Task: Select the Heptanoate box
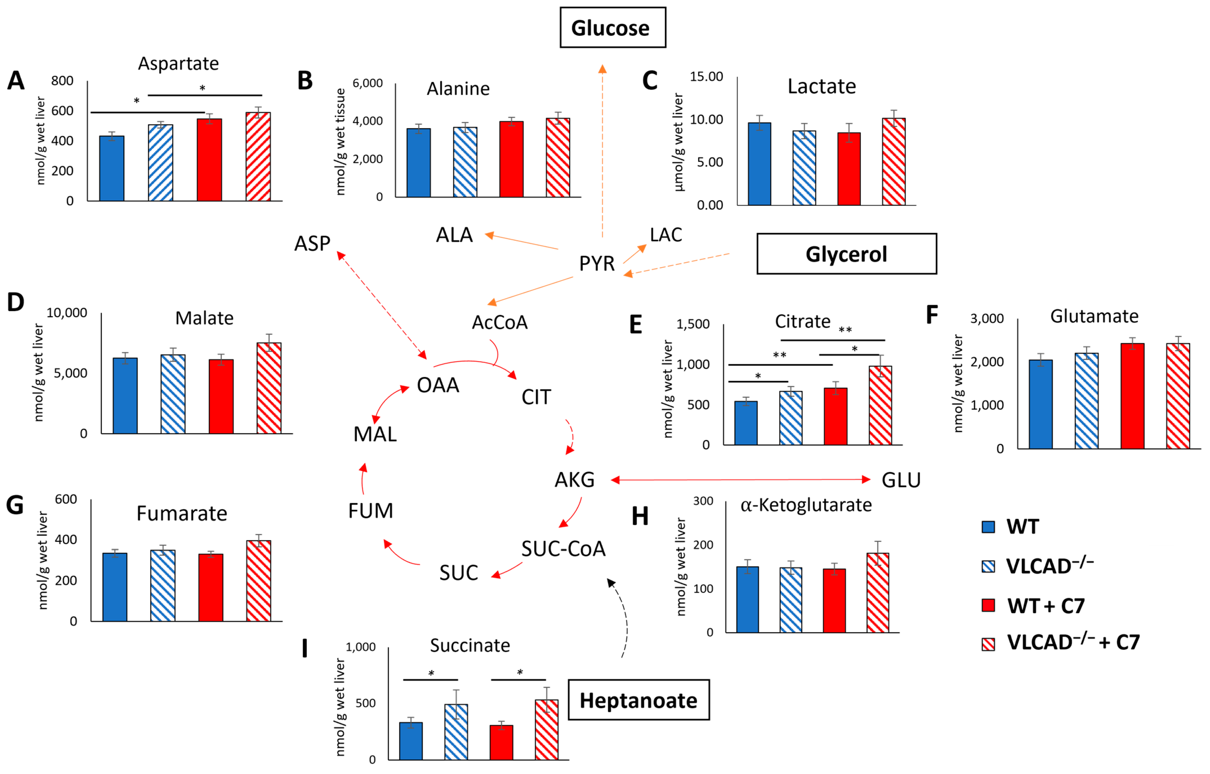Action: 639,700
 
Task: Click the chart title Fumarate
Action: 182,514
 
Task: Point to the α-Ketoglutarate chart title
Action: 806,505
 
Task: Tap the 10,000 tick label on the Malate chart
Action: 67,313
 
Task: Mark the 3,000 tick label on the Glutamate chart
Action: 987,319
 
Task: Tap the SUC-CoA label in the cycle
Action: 563,549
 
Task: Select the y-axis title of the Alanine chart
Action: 340,142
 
